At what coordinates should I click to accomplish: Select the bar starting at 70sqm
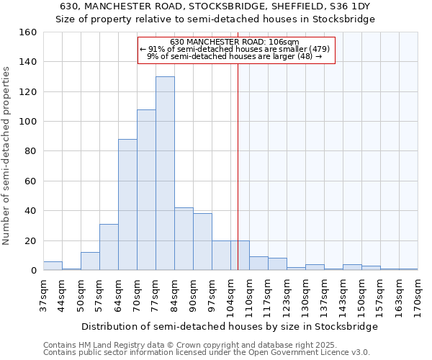[146, 190]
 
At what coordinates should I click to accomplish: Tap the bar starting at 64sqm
[127, 205]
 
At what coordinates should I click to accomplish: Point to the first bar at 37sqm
[53, 266]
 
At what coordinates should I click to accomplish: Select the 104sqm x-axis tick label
[230, 293]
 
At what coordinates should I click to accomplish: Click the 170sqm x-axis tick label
[418, 293]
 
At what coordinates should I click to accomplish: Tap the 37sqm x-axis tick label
[43, 293]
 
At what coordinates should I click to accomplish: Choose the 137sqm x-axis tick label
[324, 293]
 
